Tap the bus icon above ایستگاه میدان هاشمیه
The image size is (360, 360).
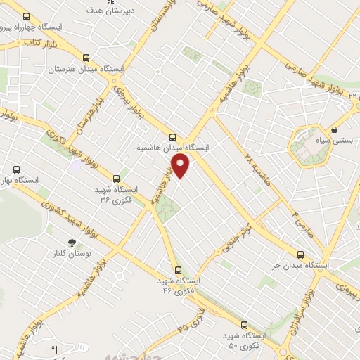[x=173, y=136]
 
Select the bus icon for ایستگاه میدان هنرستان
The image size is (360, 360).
[x=86, y=58]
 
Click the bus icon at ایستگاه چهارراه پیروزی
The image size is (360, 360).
[x=27, y=16]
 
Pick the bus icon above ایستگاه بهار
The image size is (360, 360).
[x=17, y=169]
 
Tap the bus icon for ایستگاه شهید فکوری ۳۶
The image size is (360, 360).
[x=116, y=178]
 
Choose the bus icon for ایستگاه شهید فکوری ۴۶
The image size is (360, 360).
[x=176, y=269]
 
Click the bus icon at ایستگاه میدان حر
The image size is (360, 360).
[x=300, y=255]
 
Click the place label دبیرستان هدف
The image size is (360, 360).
[x=103, y=12]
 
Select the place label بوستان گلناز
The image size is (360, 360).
[x=71, y=253]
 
